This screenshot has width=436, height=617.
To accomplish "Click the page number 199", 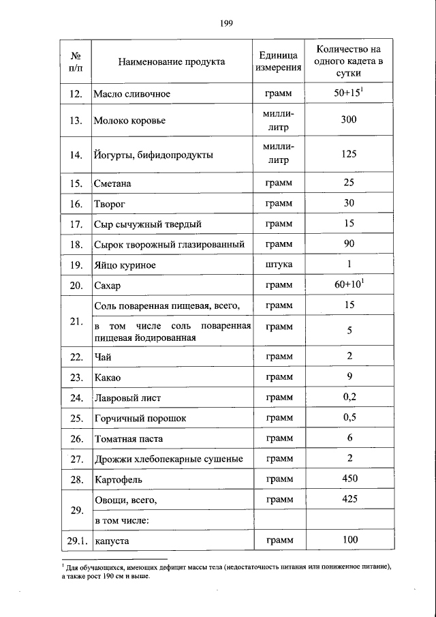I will pyautogui.click(x=227, y=23).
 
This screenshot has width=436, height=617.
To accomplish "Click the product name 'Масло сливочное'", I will pyautogui.click(x=131, y=93).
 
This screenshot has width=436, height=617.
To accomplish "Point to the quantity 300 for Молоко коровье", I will pyautogui.click(x=349, y=120).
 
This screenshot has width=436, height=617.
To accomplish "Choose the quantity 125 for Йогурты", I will pyautogui.click(x=349, y=154).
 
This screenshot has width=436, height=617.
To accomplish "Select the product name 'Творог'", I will pyautogui.click(x=111, y=204).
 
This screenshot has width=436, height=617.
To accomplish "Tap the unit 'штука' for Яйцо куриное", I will pyautogui.click(x=279, y=265).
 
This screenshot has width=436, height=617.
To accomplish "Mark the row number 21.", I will pyautogui.click(x=76, y=321).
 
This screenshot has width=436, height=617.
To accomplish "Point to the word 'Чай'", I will pyautogui.click(x=102, y=357).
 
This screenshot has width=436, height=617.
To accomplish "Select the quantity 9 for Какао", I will pyautogui.click(x=349, y=376).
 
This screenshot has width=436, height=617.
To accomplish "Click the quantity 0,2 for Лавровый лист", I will pyautogui.click(x=349, y=397).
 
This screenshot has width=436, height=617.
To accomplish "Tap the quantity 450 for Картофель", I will pyautogui.click(x=349, y=479).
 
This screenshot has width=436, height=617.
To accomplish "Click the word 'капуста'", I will pyautogui.click(x=112, y=541).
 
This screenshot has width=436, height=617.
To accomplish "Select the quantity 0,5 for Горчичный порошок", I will pyautogui.click(x=349, y=417).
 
